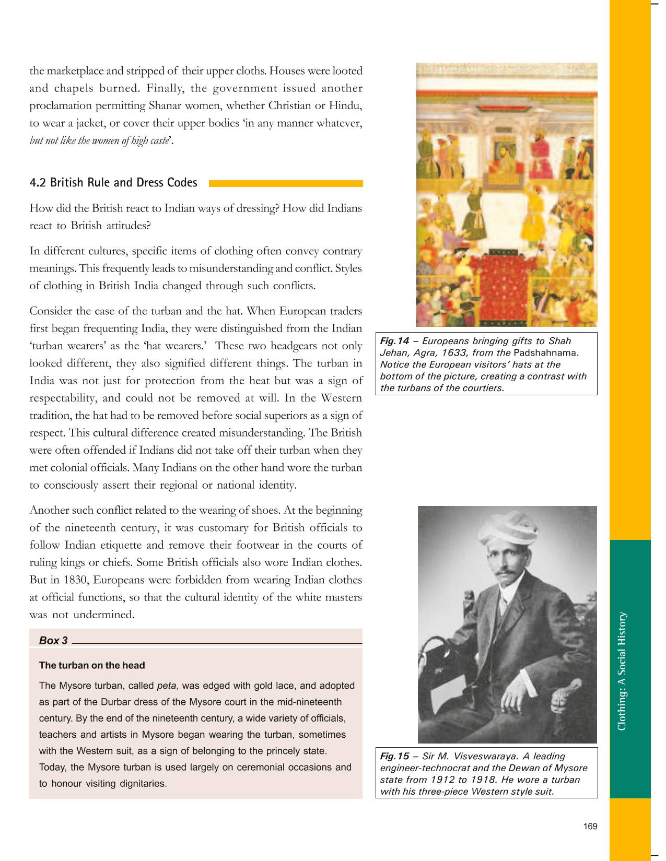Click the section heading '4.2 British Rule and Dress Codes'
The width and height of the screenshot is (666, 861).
113,183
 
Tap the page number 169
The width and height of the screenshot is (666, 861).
590,827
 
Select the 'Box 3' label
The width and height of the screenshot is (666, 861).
53,641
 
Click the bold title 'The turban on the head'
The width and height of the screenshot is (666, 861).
92,666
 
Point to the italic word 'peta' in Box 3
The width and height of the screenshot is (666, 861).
166,686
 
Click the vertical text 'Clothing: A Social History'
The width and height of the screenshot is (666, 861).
622,671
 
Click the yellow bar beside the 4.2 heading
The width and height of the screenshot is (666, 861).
285,183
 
